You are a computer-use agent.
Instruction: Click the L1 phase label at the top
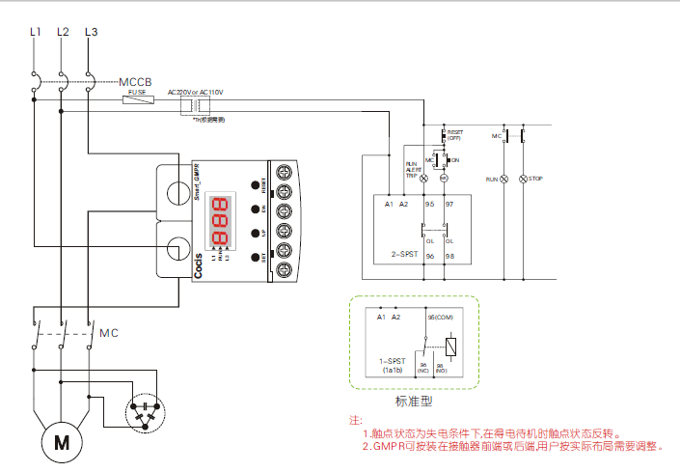point(36,32)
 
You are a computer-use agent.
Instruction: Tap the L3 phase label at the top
point(91,32)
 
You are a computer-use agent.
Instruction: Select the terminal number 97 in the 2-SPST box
point(449,205)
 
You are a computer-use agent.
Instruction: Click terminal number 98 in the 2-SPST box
point(449,256)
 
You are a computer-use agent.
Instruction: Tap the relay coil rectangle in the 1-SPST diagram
point(451,345)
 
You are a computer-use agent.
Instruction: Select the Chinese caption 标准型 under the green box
point(414,403)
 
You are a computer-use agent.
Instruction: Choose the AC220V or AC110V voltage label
point(195,92)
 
